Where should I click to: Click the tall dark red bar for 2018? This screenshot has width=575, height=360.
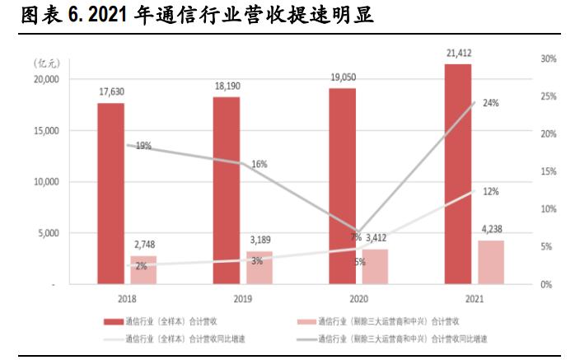(x=110, y=194)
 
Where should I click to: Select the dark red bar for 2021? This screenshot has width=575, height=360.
(x=458, y=174)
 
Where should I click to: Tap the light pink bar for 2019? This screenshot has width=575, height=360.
(x=259, y=268)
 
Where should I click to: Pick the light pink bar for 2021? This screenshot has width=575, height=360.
(x=491, y=262)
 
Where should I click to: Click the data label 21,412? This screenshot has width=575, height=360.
(x=458, y=54)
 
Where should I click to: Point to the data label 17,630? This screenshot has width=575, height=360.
(x=110, y=92)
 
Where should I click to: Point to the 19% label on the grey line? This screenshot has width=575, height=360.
(x=143, y=146)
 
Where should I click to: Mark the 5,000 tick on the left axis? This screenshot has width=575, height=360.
(x=48, y=233)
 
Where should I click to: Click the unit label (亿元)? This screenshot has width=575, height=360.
(x=46, y=63)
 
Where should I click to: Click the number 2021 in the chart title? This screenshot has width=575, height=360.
(x=102, y=16)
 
